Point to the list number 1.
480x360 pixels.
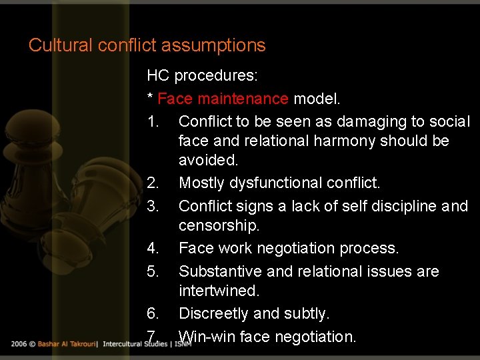[153, 122]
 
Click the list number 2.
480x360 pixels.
[153, 183]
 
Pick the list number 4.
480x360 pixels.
[153, 249]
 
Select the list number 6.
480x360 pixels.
[153, 313]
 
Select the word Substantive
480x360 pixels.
[221, 271]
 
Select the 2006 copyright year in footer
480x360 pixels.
[19, 344]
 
